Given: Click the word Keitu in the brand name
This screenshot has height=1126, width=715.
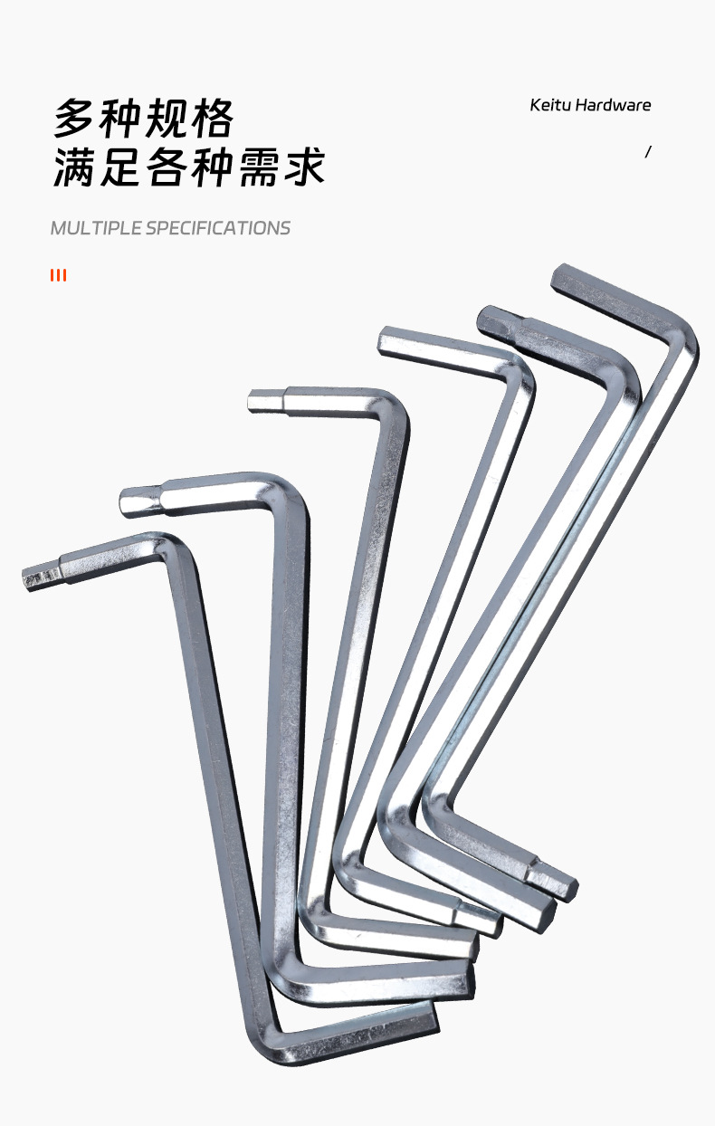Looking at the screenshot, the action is [550, 105].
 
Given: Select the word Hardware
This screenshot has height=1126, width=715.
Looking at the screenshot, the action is [614, 105].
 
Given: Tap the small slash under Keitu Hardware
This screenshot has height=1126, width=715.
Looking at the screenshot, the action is [648, 152].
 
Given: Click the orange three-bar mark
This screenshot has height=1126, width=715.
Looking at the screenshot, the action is [58, 275].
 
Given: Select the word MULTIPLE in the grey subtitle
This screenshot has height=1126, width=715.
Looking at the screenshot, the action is [96, 228].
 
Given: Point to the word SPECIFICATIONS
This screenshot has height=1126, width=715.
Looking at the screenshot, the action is [218, 228].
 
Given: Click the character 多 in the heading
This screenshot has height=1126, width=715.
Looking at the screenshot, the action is [73, 119].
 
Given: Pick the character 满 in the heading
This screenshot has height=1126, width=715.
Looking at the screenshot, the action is [73, 167].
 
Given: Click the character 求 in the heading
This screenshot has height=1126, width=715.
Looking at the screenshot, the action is [304, 167].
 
